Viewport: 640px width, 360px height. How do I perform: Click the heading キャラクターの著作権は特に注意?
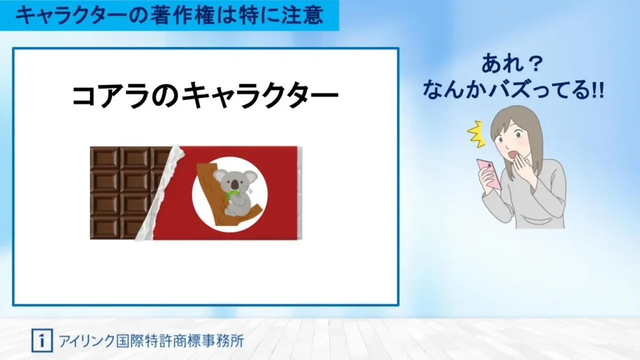[x=169, y=15]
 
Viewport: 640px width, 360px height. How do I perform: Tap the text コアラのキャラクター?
[x=205, y=97]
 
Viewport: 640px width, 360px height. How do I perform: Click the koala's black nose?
[x=234, y=185]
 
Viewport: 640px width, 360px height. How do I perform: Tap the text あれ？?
[x=514, y=64]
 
